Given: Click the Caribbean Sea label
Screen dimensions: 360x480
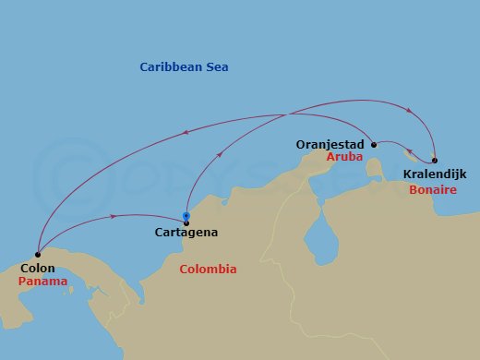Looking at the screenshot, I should [184, 67].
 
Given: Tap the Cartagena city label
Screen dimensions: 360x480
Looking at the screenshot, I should [186, 233].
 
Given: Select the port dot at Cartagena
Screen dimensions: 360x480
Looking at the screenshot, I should [186, 221].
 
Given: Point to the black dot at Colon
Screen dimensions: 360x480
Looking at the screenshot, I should [37, 255].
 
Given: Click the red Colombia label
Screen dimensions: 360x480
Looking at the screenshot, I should [208, 270].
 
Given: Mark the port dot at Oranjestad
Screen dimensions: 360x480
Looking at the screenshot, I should [373, 145].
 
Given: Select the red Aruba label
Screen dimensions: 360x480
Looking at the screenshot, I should [344, 158].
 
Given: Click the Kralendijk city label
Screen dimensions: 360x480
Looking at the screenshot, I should [436, 174].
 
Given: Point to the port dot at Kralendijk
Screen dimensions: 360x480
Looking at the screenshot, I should [435, 160].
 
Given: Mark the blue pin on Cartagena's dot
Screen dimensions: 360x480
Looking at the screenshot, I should [186, 217].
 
